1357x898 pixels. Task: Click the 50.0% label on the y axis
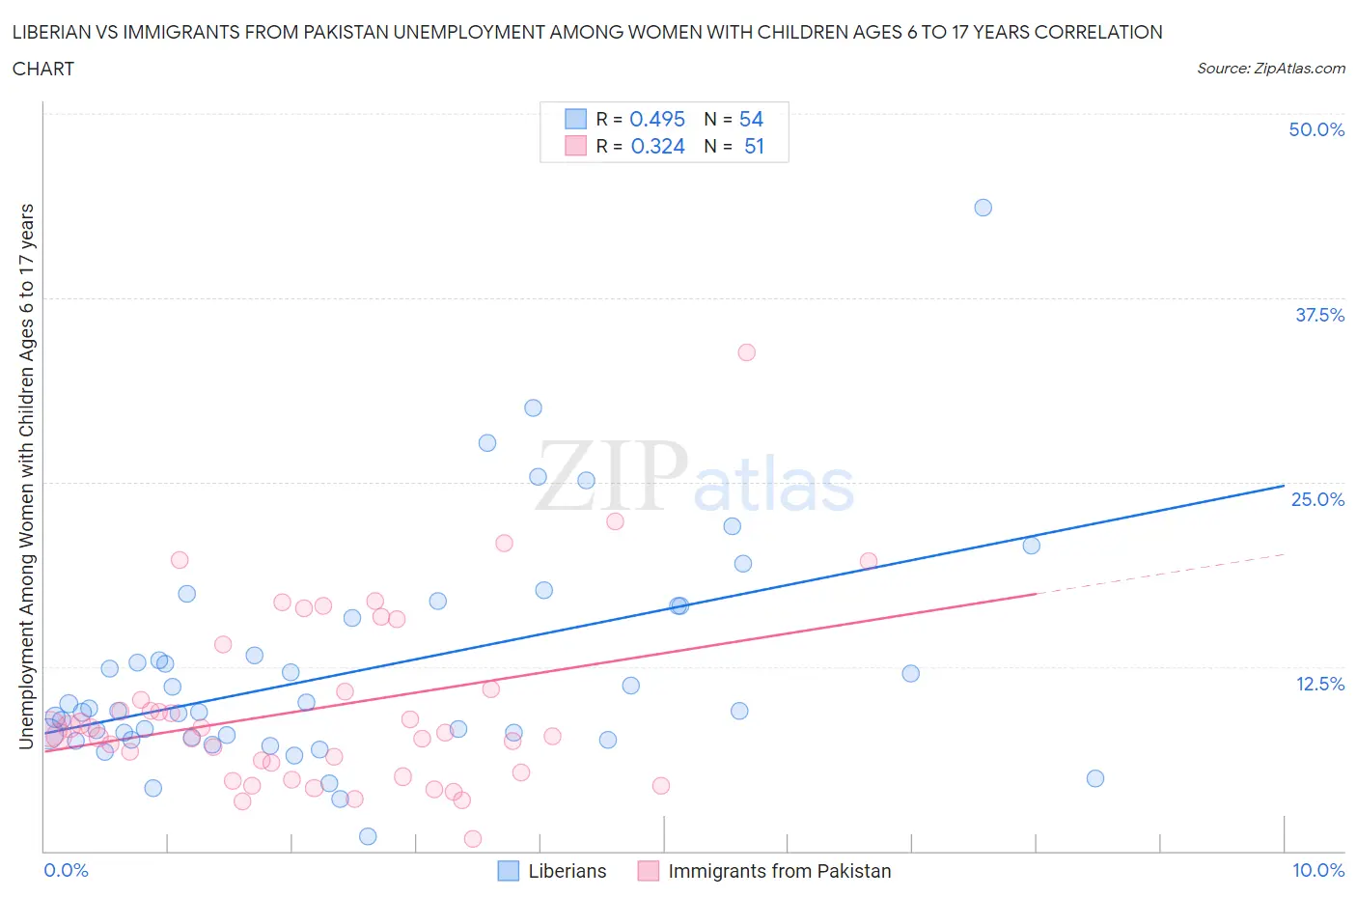(x=1316, y=129)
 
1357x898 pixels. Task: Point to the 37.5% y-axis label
(x=1319, y=315)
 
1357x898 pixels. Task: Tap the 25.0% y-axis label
(x=1317, y=499)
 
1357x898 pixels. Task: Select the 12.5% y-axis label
(x=1319, y=684)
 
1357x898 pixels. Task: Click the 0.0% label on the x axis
(x=66, y=870)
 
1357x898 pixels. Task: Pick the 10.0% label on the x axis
(x=1318, y=870)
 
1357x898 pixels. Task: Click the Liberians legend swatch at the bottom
(x=509, y=871)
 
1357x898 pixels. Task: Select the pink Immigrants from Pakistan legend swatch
(x=649, y=871)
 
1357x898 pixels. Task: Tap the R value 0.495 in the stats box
(x=656, y=119)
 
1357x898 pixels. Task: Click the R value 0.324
(x=657, y=146)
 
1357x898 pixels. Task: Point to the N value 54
(x=751, y=119)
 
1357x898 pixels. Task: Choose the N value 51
(x=754, y=146)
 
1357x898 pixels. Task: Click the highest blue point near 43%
(x=983, y=208)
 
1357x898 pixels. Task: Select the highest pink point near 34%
(x=746, y=352)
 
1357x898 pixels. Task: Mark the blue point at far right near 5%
(x=1094, y=778)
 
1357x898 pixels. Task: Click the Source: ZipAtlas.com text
(x=1270, y=69)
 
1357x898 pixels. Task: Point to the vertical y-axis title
(x=26, y=476)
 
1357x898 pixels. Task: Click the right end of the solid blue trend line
(x=1284, y=486)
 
